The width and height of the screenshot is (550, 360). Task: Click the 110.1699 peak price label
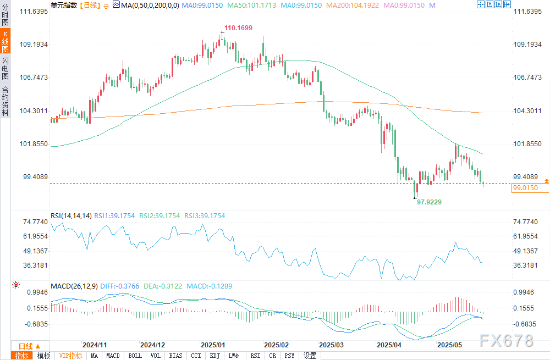click(x=238, y=27)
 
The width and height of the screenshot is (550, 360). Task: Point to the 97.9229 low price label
click(x=430, y=202)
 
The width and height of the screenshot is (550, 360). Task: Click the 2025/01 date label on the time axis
click(x=213, y=345)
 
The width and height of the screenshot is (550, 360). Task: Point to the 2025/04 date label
click(x=389, y=345)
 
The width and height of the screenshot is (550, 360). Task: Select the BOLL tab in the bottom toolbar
click(x=135, y=356)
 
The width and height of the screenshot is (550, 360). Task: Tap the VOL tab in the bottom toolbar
click(x=156, y=356)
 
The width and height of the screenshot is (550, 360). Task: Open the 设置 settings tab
click(x=310, y=356)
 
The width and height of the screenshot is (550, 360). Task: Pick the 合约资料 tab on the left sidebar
click(x=5, y=102)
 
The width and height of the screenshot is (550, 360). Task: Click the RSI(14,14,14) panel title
click(x=70, y=216)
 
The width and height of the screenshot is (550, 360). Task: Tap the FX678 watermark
click(x=506, y=341)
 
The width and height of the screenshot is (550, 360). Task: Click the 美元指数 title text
click(x=64, y=5)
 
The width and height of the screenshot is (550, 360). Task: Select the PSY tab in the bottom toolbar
click(x=290, y=356)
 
